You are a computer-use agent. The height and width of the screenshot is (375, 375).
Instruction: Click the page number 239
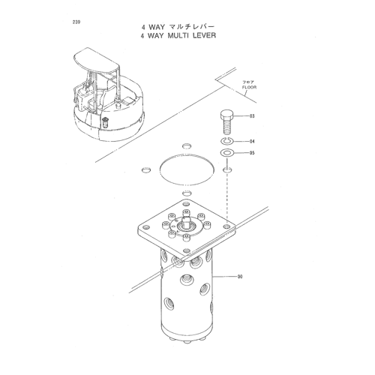(76, 22)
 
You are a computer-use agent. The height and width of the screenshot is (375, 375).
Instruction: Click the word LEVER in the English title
(204, 35)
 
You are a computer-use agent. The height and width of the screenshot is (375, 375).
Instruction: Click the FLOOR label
(249, 87)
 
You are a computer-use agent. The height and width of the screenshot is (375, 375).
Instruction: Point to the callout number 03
(252, 116)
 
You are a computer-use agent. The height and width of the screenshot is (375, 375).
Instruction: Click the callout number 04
(252, 142)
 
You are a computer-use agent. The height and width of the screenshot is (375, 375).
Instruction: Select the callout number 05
(252, 153)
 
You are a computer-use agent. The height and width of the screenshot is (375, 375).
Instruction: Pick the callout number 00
(240, 277)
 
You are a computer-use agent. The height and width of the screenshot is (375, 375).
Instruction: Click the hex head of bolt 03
(227, 115)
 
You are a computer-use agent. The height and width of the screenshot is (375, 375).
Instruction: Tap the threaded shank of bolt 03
(227, 127)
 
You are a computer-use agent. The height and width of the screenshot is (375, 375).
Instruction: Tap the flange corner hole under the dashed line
(226, 226)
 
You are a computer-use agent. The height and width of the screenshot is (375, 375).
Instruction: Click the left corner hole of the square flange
(146, 227)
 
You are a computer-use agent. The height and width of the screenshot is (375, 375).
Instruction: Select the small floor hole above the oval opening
(187, 145)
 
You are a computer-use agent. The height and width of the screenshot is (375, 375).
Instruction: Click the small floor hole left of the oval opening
(146, 170)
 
